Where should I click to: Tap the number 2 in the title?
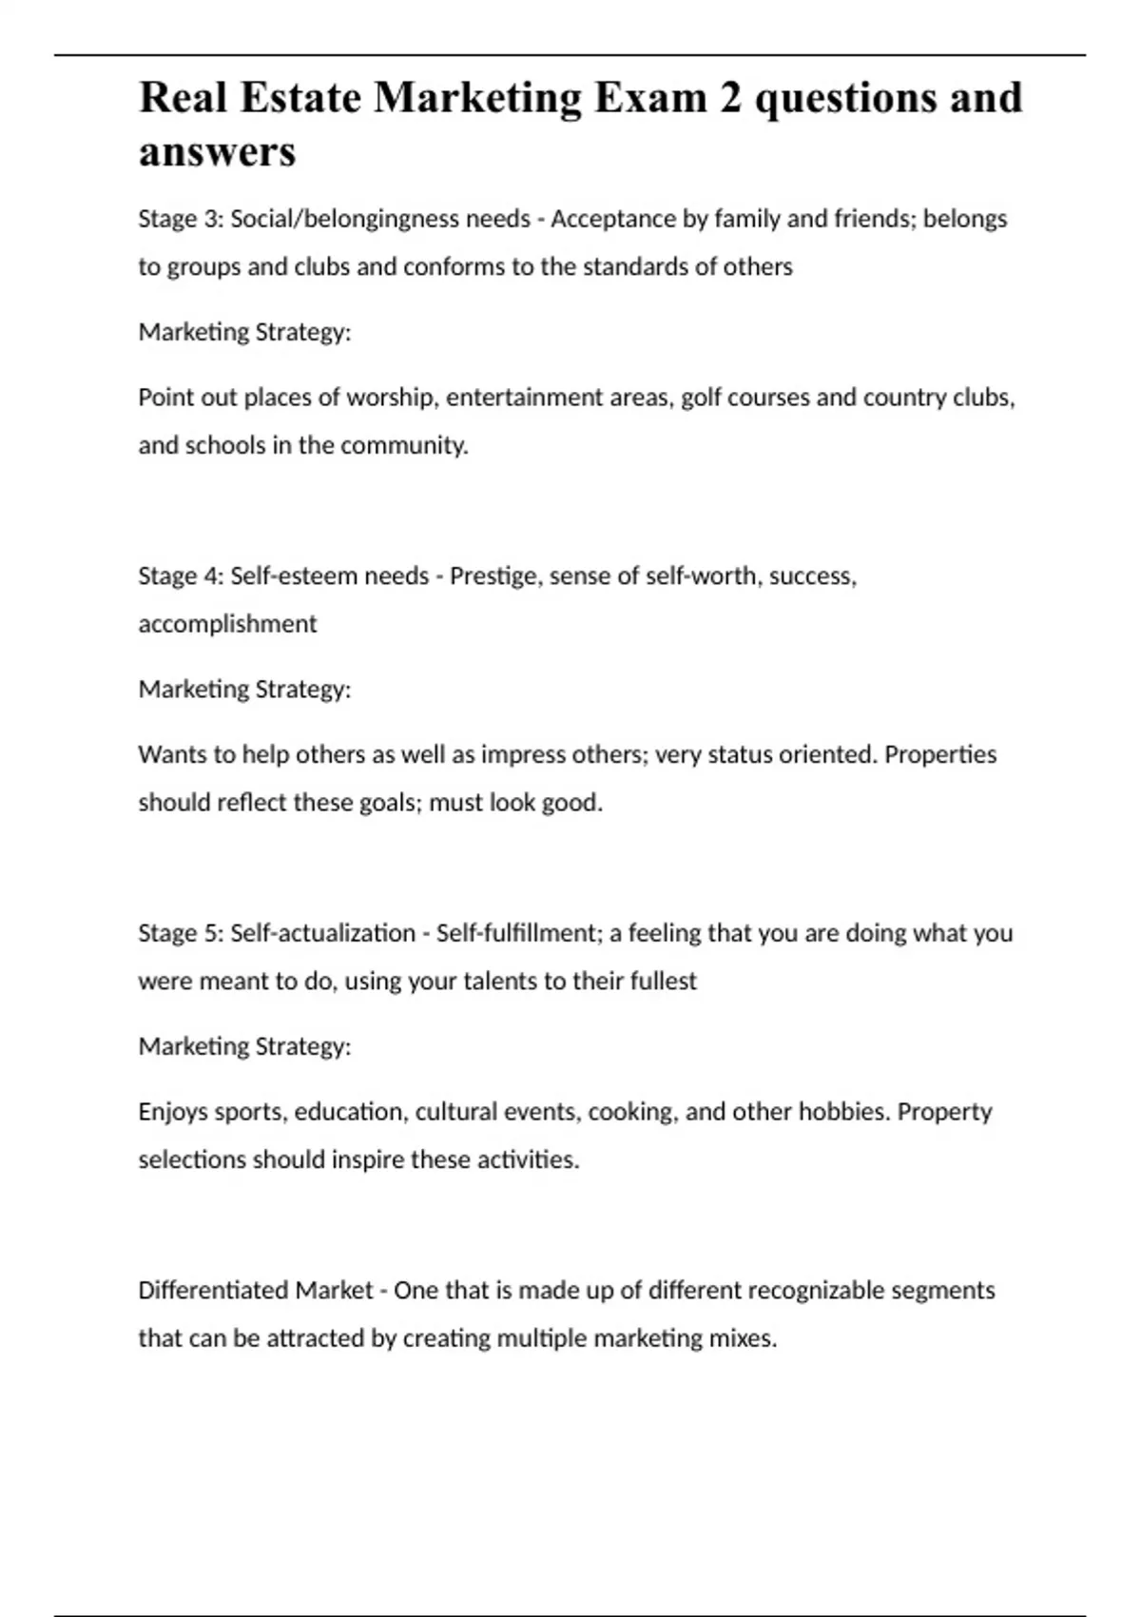[729, 99]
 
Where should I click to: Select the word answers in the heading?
[217, 152]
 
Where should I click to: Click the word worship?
[392, 397]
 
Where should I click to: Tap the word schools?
[225, 445]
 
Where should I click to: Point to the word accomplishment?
[227, 624]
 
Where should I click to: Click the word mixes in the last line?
[743, 1338]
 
